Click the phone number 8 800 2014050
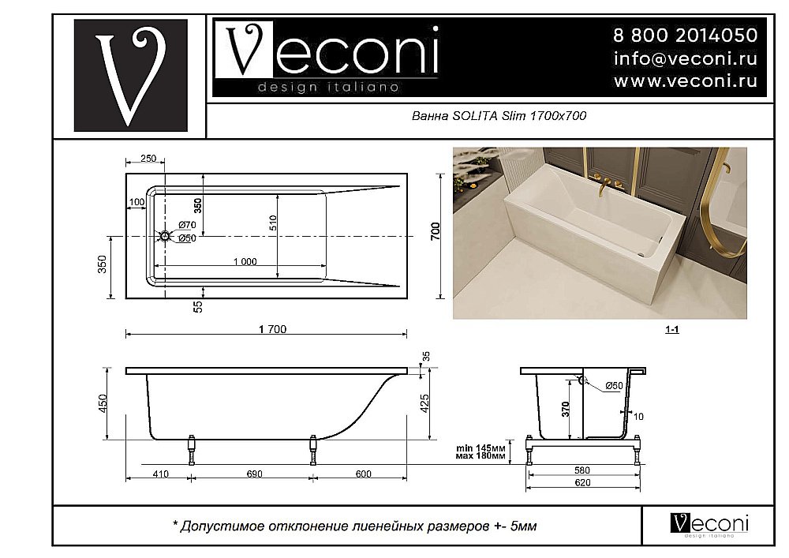(x=685, y=36)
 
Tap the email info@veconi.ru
(x=685, y=58)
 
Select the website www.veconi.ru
(x=685, y=81)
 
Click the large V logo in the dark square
(x=130, y=75)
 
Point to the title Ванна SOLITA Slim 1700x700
(x=499, y=116)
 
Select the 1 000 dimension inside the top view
(x=245, y=261)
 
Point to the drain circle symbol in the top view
(x=165, y=235)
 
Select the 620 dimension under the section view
(x=582, y=481)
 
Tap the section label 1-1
(x=671, y=330)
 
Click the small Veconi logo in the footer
(x=709, y=524)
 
